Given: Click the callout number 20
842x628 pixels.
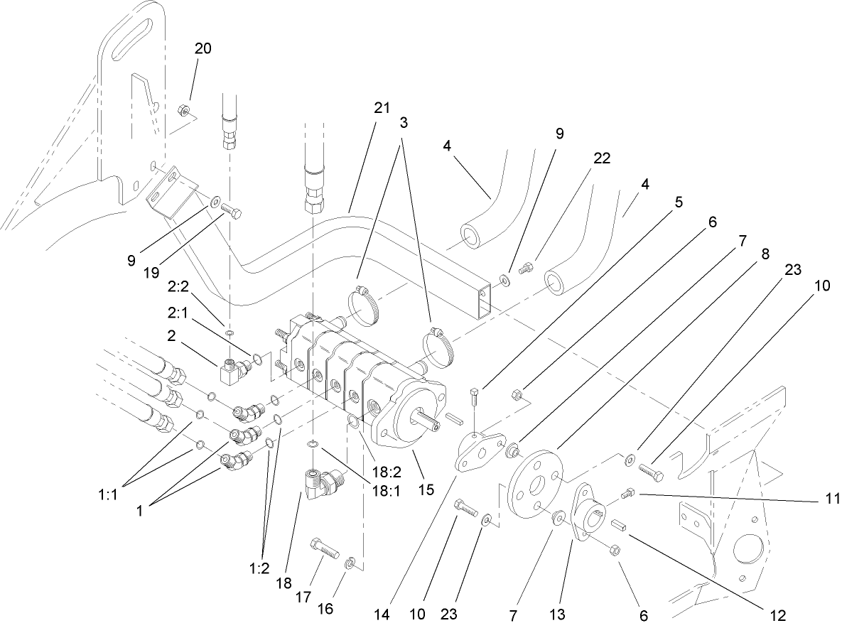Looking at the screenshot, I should pos(203,48).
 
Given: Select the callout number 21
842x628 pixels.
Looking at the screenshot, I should pos(382,108).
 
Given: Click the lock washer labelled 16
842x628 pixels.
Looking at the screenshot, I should pos(350,564).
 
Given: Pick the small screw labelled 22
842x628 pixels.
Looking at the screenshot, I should pos(527,269).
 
